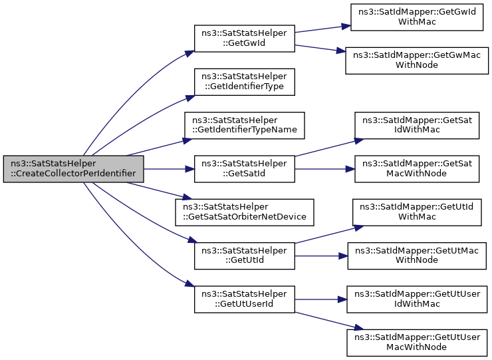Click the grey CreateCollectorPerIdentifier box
coord(73,169)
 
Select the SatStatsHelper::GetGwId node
coord(245,39)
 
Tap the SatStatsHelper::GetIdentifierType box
coord(245,82)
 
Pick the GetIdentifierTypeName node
coord(245,125)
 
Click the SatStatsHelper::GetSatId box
coord(245,169)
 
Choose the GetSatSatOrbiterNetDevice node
coord(245,212)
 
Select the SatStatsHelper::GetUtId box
coord(245,256)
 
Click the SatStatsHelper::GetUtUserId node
coord(245,299)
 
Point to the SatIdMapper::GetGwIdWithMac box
coord(417,17)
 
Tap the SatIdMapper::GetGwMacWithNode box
coord(417,61)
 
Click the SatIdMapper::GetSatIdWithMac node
coord(417,125)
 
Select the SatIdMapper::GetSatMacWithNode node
coord(417,169)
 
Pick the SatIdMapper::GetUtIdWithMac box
coord(417,212)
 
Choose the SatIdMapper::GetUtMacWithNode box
coord(417,256)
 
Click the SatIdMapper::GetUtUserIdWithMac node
coord(417,299)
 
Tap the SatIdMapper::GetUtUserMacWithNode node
coord(417,343)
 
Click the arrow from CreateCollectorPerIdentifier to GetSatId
coord(169,169)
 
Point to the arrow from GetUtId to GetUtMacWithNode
coord(321,256)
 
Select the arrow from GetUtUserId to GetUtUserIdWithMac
coord(320,299)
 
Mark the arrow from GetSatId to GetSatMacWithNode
coord(324,169)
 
